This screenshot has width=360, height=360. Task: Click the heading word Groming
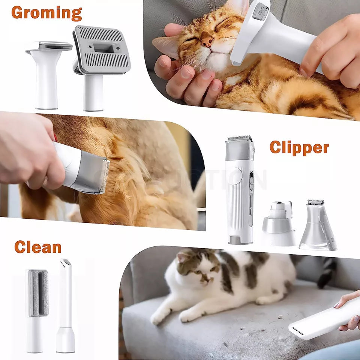click(x=46, y=12)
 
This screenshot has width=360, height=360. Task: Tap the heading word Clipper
click(x=299, y=147)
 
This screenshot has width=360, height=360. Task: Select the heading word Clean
click(x=37, y=247)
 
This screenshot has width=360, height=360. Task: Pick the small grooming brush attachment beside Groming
click(x=48, y=71)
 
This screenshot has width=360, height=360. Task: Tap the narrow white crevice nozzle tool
click(x=66, y=304)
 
